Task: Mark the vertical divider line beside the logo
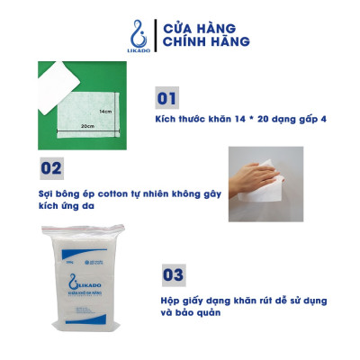click(x=153, y=33)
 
